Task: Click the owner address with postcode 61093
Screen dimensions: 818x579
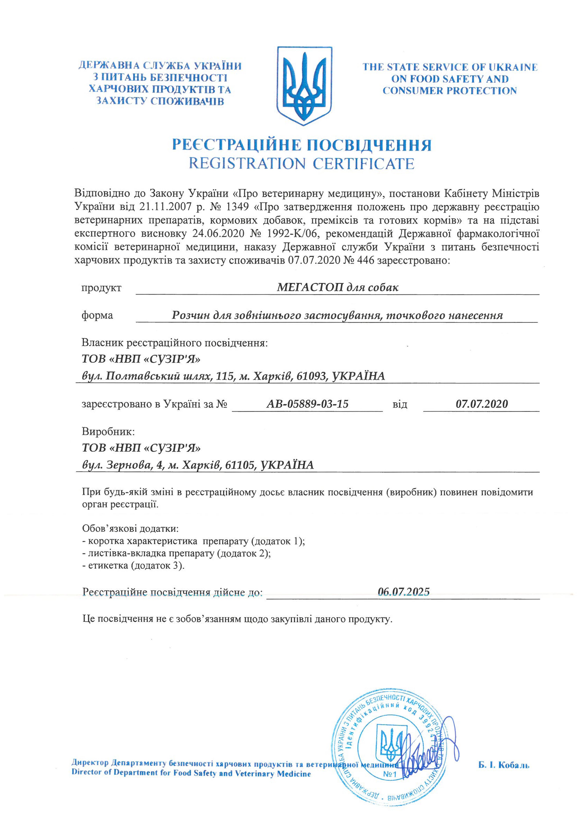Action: pos(233,376)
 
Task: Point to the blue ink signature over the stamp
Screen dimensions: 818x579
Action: pos(428,760)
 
